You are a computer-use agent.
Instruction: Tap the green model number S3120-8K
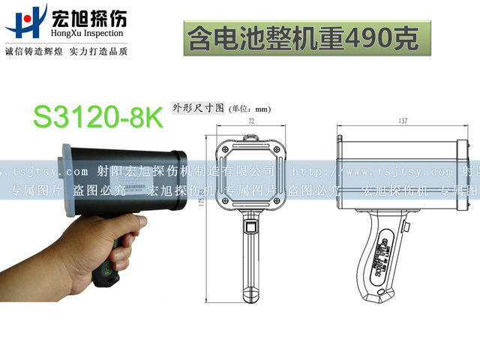tap(97, 116)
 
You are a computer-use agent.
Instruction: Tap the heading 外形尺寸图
tap(198, 107)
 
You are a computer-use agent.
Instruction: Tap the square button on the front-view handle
tap(250, 226)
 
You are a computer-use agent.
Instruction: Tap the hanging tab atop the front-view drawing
tap(250, 137)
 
